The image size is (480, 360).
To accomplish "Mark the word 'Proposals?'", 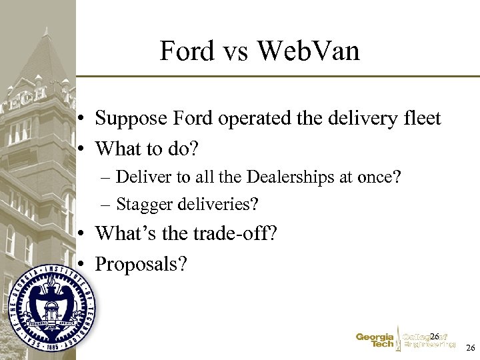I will pos(141,264).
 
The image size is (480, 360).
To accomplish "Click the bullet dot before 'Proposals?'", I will pos(79,264).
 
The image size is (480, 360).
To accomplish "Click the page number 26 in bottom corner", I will pos(470,349).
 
